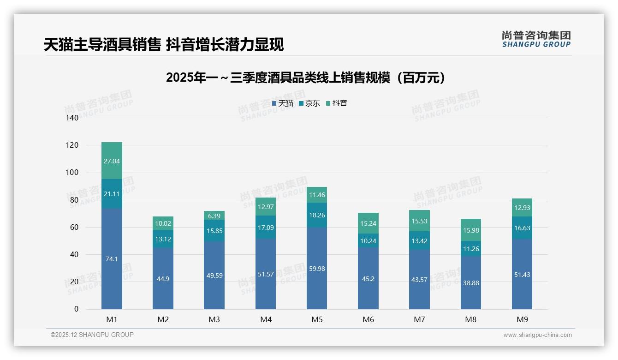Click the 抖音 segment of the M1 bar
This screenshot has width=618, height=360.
[x=112, y=160]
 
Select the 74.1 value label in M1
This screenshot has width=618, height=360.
[x=112, y=259]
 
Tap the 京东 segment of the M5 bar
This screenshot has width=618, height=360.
[x=317, y=215]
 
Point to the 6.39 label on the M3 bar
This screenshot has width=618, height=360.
[x=214, y=216]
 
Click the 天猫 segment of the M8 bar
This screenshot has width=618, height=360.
[x=470, y=283]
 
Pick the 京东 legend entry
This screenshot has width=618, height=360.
[x=309, y=103]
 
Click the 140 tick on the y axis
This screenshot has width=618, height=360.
[x=72, y=118]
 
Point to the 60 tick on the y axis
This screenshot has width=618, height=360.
[x=74, y=228]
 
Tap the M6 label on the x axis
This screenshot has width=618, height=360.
[x=368, y=319]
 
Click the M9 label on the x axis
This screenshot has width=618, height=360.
[x=522, y=319]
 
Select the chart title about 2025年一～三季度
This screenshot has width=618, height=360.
[x=306, y=78]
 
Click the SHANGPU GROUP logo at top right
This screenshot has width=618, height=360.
[x=536, y=39]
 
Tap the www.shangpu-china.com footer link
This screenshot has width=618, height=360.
[x=537, y=335]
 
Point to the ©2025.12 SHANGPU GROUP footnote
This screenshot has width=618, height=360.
[x=92, y=335]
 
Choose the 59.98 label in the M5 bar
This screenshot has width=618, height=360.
[x=317, y=269]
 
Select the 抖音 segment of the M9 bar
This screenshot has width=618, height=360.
[x=522, y=208]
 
